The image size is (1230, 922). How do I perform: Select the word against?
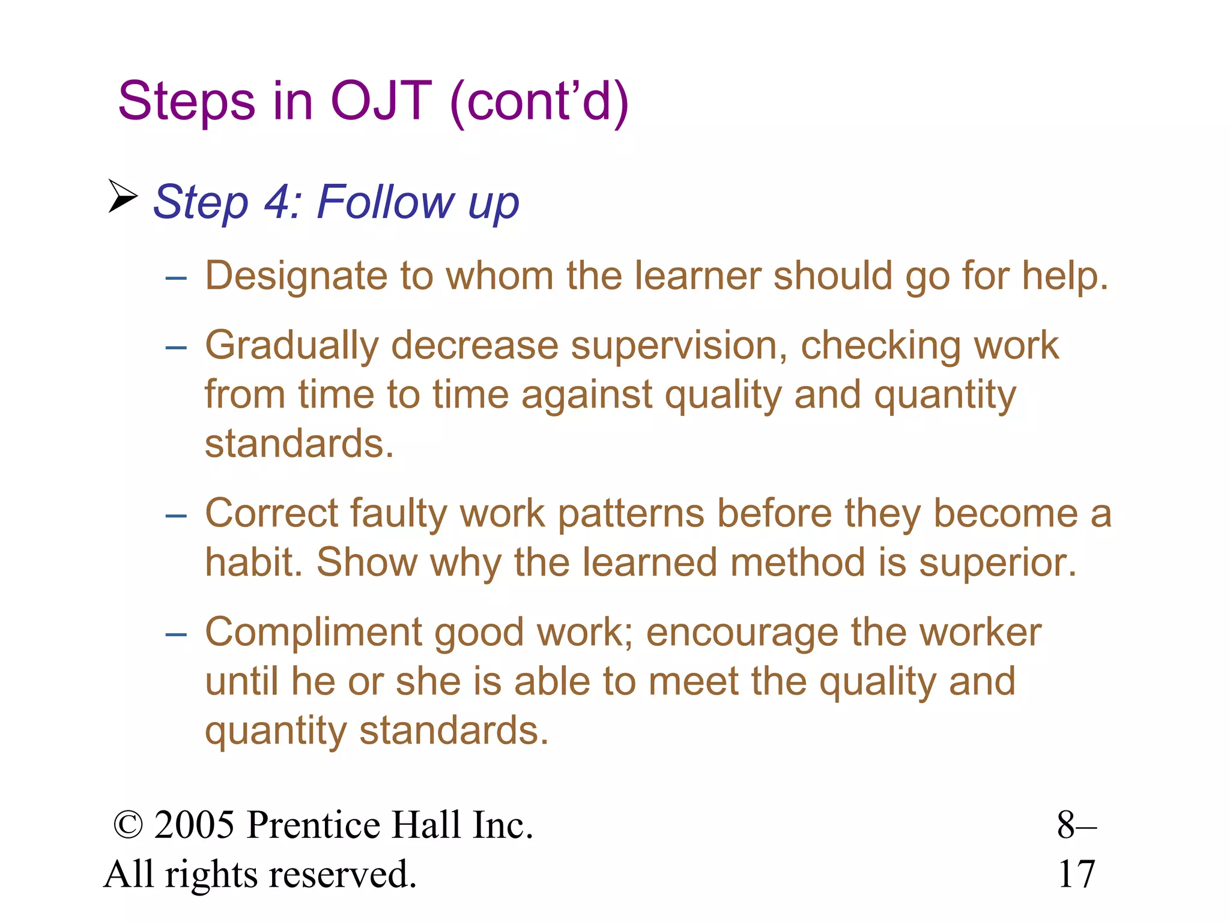click(x=586, y=395)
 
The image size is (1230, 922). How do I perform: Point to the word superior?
click(x=997, y=562)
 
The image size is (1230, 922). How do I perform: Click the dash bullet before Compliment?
click(x=176, y=634)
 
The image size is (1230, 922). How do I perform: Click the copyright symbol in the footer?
click(x=128, y=825)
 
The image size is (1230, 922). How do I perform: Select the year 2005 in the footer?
click(x=194, y=825)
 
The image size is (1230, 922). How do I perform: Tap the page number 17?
click(x=1076, y=874)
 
